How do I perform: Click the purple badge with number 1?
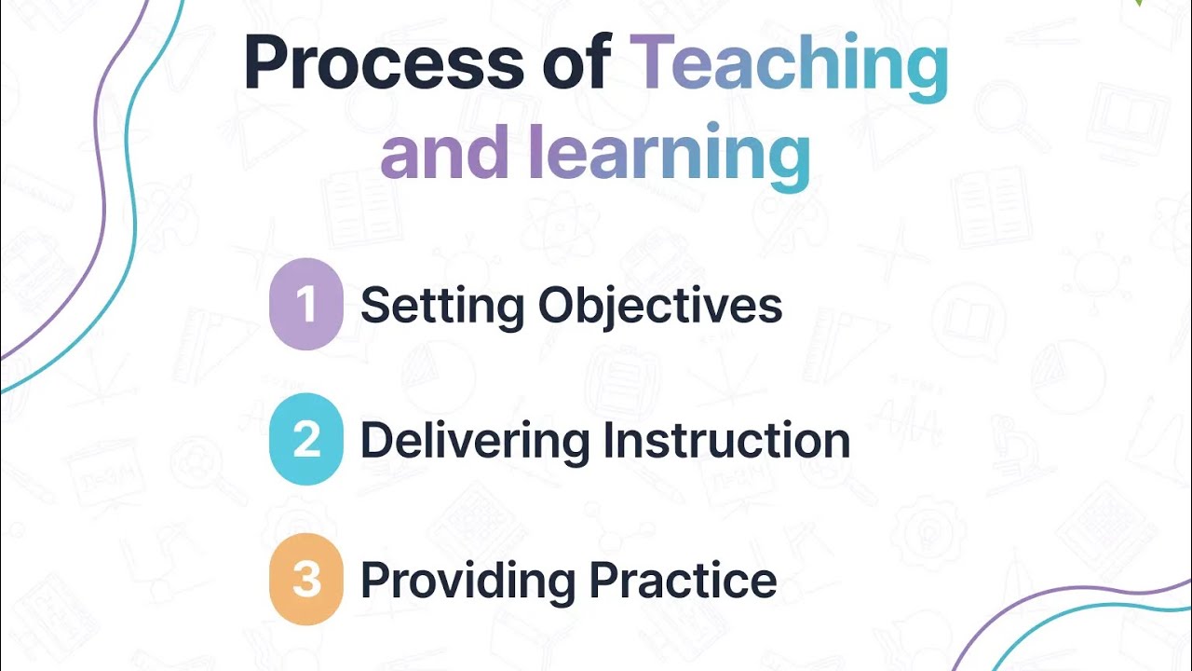305,305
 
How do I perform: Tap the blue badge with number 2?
305,439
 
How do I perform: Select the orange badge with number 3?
305,579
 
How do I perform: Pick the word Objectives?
660,305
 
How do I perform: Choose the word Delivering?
474,441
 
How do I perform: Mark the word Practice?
684,580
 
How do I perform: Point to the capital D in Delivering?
375,440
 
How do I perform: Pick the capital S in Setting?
374,305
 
